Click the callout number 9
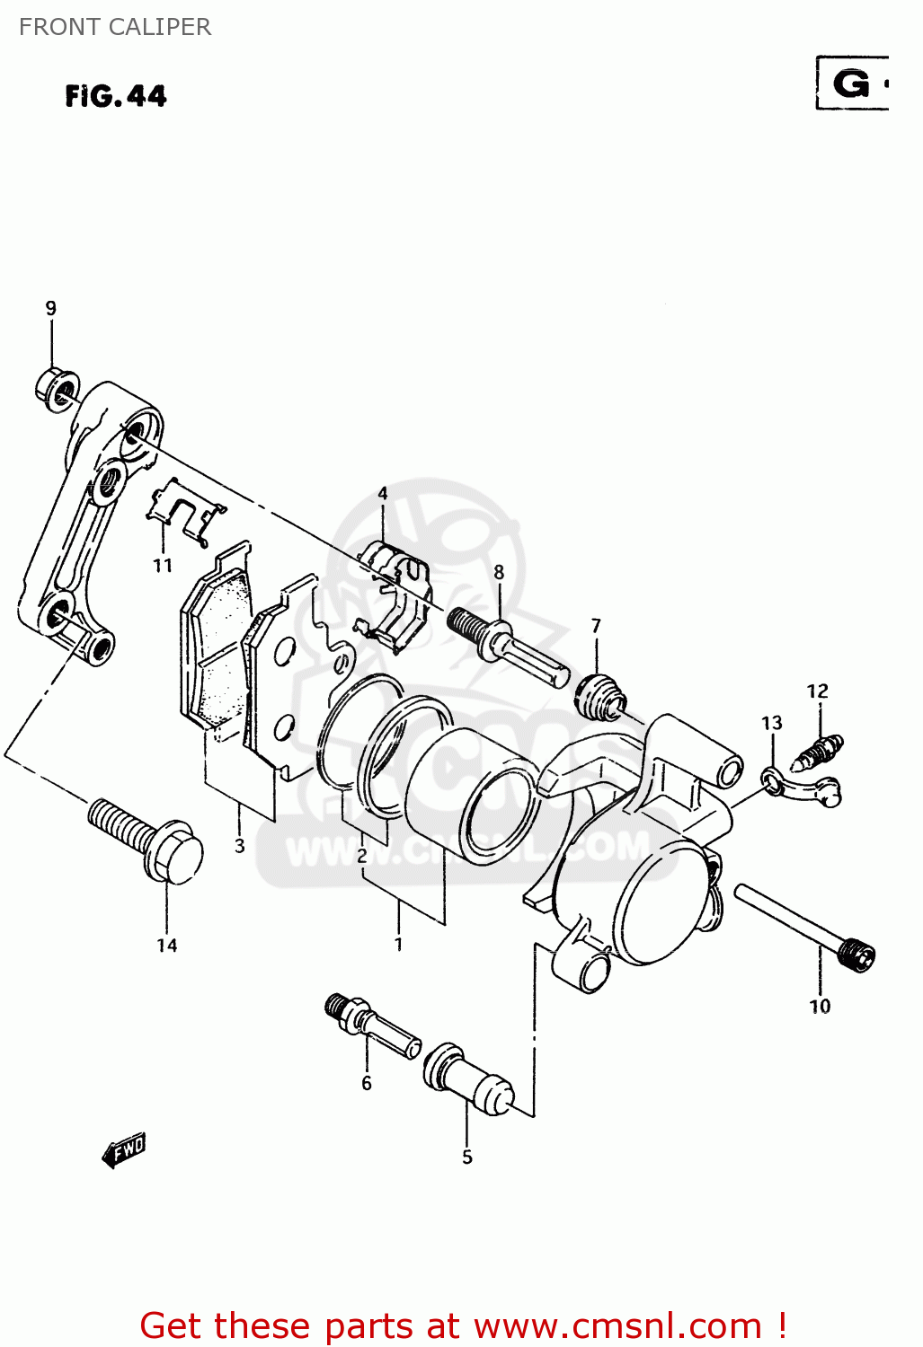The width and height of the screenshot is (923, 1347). pyautogui.click(x=51, y=308)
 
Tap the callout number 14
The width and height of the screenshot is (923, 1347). pyautogui.click(x=167, y=945)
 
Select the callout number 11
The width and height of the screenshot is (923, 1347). pyautogui.click(x=162, y=566)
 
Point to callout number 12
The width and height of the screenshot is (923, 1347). pyautogui.click(x=817, y=691)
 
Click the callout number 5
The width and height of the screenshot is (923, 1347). pyautogui.click(x=467, y=1157)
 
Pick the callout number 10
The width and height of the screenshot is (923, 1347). pyautogui.click(x=820, y=1006)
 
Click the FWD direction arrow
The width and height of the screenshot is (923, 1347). pyautogui.click(x=123, y=1150)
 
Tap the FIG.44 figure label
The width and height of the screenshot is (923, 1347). pyautogui.click(x=116, y=96)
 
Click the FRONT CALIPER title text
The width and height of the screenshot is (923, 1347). pyautogui.click(x=115, y=27)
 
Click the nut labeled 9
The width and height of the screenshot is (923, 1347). pyautogui.click(x=57, y=389)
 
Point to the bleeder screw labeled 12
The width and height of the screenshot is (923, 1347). pyautogui.click(x=818, y=752)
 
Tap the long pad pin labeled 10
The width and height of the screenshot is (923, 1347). pyautogui.click(x=804, y=924)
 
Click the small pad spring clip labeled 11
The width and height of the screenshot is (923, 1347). pyautogui.click(x=184, y=513)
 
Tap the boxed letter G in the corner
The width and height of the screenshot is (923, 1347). pyautogui.click(x=852, y=84)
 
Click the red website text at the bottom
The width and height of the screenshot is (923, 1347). pyautogui.click(x=464, y=1325)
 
